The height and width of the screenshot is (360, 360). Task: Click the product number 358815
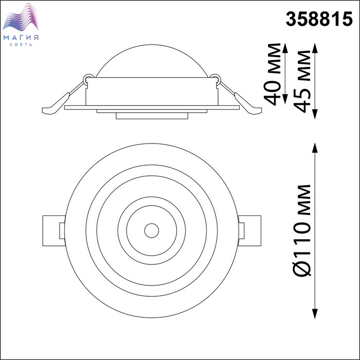point(319,20)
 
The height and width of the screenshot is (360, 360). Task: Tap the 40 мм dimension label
point(273,74)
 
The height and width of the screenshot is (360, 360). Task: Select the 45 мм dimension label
point(302,81)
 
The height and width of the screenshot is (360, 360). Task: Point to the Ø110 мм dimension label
point(302,230)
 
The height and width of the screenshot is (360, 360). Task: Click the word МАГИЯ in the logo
point(21,38)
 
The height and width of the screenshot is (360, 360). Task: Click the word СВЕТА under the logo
point(21,45)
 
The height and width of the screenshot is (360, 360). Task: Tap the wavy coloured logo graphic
point(21,17)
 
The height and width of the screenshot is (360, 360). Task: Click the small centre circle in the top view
point(152,230)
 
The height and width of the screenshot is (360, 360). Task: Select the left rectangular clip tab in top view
point(54,231)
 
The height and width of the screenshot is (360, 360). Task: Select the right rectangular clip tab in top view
point(249,231)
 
